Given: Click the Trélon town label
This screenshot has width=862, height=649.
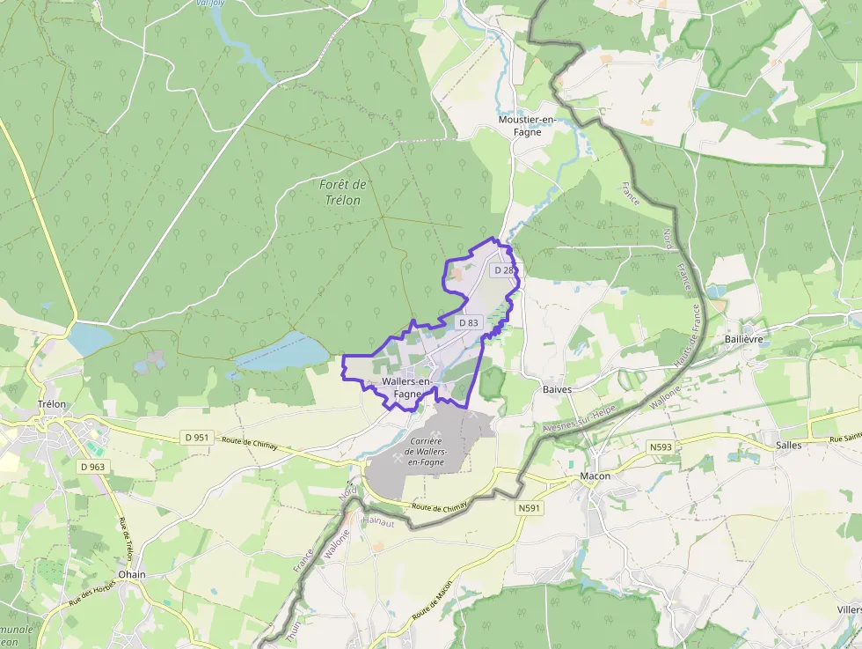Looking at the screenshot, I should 52,404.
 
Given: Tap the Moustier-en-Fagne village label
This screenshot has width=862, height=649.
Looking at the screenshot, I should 527,126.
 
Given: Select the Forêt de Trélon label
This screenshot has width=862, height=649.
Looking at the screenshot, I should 342,192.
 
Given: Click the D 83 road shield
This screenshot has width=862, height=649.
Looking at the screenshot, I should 468,322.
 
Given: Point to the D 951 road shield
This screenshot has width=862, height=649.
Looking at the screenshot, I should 197,437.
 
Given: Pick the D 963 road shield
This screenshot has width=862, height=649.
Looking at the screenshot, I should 91,466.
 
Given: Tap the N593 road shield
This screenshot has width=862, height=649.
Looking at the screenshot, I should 661,447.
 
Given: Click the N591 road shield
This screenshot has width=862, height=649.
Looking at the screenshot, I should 529,508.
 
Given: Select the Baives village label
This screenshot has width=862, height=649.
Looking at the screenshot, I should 558,389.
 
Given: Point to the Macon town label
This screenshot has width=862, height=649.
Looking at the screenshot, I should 595,476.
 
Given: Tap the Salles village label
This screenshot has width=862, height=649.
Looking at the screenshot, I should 788,445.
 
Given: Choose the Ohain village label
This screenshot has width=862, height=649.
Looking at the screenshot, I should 132,574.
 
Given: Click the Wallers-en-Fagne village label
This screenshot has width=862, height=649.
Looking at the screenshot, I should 406,387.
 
